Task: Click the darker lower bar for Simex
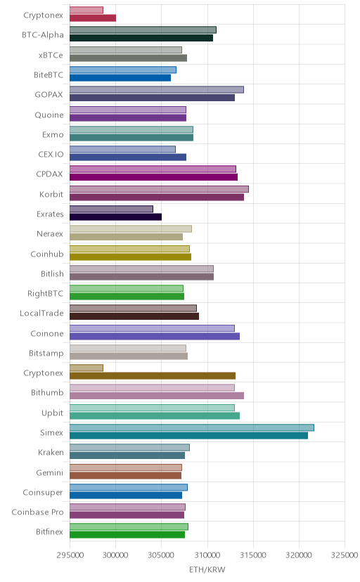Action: (x=188, y=435)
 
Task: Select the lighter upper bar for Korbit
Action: (x=159, y=189)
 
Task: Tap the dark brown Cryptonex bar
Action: (x=153, y=376)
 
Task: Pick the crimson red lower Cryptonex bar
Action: (x=93, y=18)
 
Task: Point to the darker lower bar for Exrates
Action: (x=115, y=216)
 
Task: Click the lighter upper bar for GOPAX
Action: (x=157, y=90)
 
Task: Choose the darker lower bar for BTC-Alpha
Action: (x=141, y=38)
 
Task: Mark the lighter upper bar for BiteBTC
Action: (x=123, y=70)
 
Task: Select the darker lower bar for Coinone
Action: (x=155, y=336)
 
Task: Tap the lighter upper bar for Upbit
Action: (x=152, y=408)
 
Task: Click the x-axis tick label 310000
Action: (x=207, y=555)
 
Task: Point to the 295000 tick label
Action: (x=70, y=555)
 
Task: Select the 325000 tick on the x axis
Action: (x=345, y=555)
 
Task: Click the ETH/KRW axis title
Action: (x=207, y=570)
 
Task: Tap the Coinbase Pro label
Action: (x=37, y=512)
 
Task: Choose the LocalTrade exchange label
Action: (x=41, y=313)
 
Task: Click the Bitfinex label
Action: (x=49, y=532)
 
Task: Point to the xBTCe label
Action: (x=51, y=56)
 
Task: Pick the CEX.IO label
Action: (x=51, y=155)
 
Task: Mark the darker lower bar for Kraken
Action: (x=127, y=455)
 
